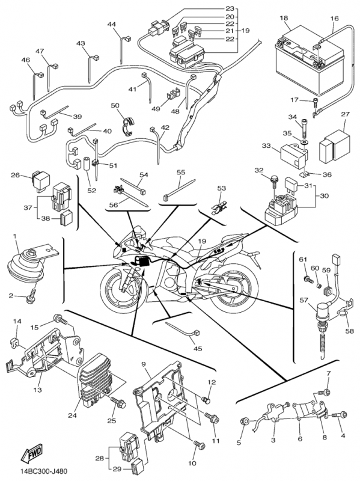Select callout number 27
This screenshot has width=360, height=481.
tap(345, 115)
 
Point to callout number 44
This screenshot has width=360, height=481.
tap(112, 24)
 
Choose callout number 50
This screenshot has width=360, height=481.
tap(115, 106)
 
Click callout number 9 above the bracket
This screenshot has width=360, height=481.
tap(144, 364)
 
